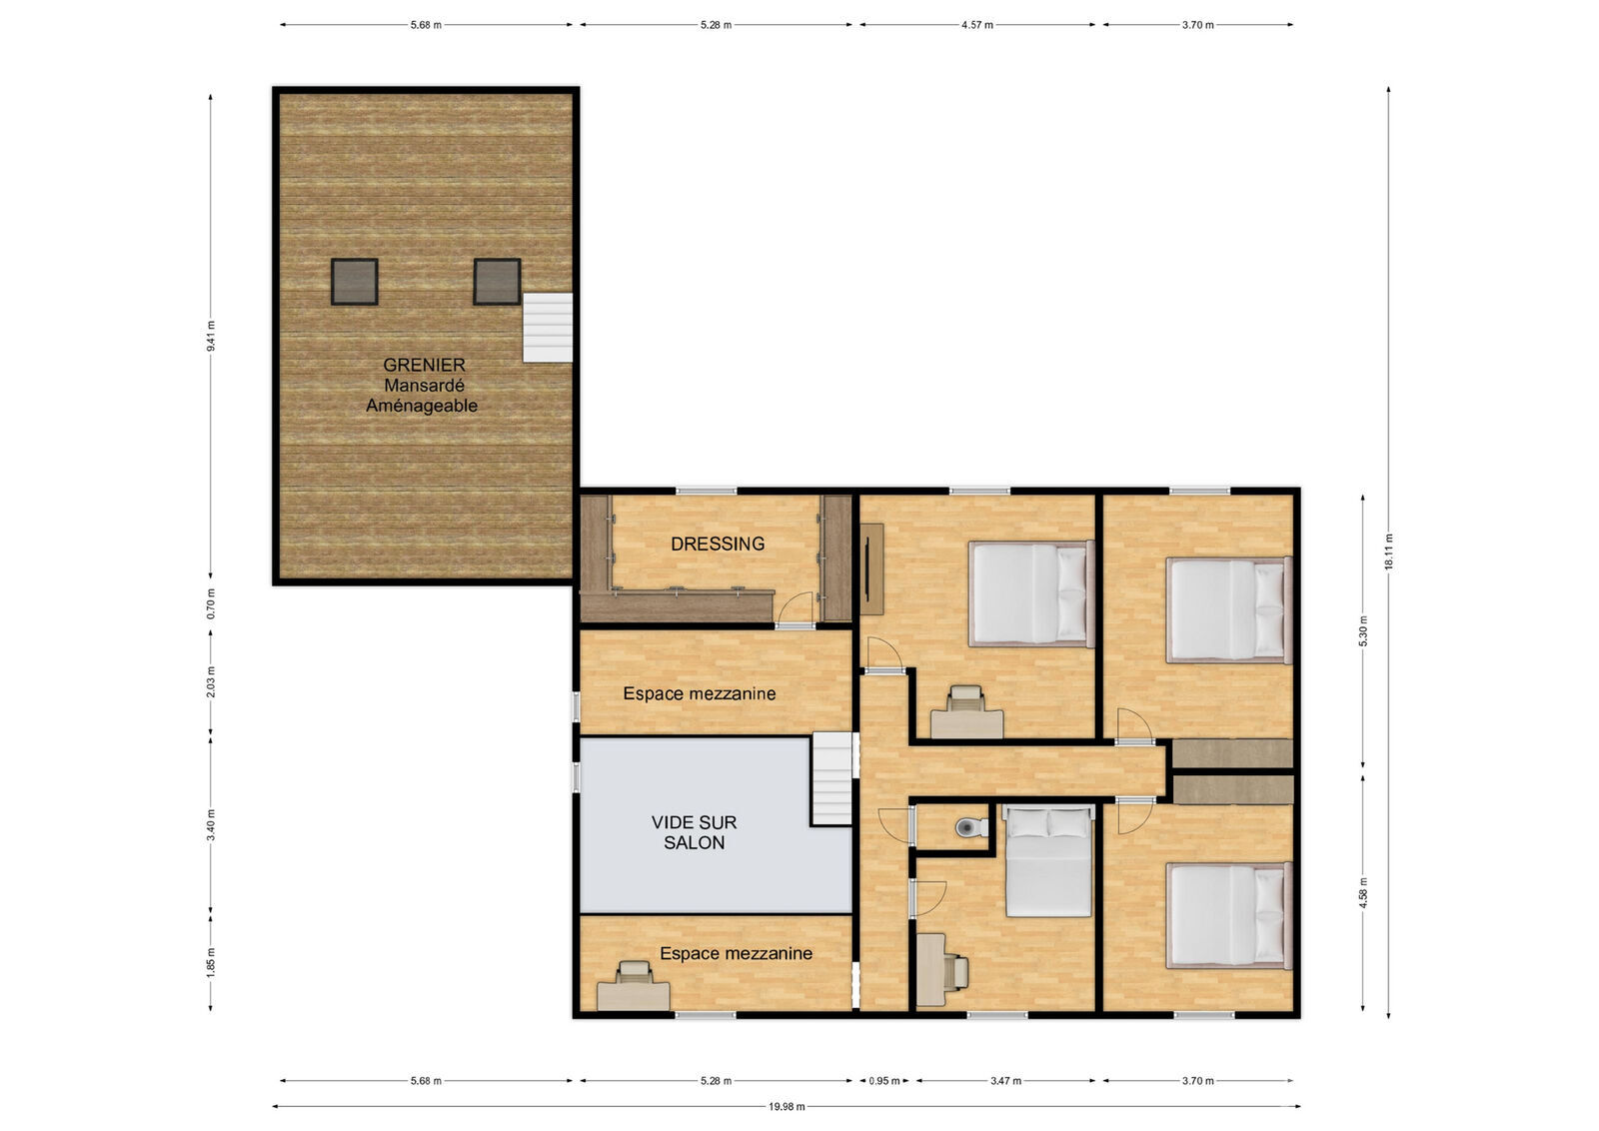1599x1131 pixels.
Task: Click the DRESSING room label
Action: coord(718,544)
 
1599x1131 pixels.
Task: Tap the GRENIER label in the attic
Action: coord(424,365)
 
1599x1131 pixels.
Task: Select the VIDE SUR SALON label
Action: coord(694,832)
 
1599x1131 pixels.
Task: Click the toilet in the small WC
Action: coord(970,827)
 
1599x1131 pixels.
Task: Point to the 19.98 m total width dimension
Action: coord(787,1107)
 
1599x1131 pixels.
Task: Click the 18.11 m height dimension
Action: coord(1389,552)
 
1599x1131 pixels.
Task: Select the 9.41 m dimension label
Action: coord(211,336)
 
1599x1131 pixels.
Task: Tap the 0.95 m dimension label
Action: coord(883,1081)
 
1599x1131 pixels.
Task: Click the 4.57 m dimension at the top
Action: coord(977,25)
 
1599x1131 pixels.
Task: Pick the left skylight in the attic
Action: coord(354,282)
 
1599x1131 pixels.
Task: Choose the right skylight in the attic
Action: coord(497,282)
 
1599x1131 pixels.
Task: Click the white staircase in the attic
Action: coord(548,328)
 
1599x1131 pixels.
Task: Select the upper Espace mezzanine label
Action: coord(699,693)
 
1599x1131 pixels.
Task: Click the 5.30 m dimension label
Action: coord(1363,630)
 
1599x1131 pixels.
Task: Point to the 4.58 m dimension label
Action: coord(1363,892)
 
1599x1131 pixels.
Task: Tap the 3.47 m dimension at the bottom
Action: coord(1005,1081)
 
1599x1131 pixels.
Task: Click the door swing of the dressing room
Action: coord(795,607)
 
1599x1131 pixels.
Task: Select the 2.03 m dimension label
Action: coord(211,681)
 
